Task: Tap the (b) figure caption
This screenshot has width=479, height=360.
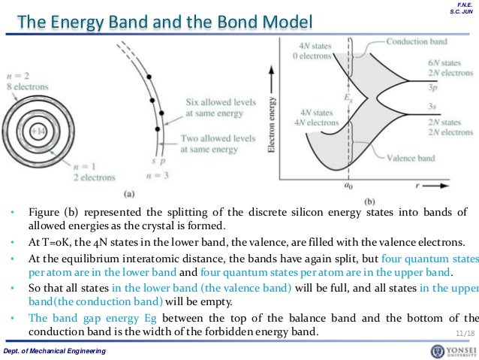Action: tap(369, 201)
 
